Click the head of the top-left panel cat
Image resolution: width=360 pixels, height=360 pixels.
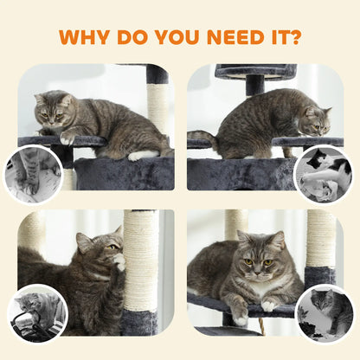(x=54, y=110)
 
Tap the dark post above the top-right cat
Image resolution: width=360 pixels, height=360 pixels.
(x=254, y=85)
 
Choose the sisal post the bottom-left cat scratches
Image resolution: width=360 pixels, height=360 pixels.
(x=140, y=260)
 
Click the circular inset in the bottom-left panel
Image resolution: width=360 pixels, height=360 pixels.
(x=37, y=312)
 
